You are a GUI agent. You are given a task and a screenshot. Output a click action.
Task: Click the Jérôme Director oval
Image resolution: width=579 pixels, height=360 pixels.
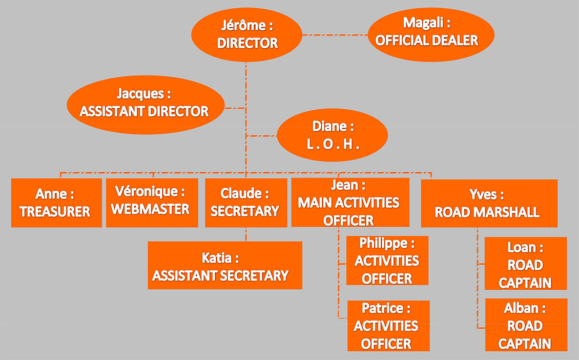click(246, 35)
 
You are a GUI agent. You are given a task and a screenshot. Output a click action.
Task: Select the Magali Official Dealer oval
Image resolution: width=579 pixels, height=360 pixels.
click(431, 34)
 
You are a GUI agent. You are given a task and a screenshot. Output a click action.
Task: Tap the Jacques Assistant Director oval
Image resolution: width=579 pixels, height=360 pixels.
click(146, 105)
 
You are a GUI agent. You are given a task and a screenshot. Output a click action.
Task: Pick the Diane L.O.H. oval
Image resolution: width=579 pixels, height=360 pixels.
click(333, 135)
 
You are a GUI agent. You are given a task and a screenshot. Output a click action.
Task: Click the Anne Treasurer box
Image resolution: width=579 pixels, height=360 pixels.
click(56, 203)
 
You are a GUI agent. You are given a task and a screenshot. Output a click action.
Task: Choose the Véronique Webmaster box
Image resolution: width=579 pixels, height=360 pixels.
click(152, 203)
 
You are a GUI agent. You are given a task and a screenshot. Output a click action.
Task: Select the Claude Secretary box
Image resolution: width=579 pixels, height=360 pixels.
click(246, 203)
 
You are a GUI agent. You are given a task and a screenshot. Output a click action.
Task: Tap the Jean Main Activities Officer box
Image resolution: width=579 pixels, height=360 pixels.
click(350, 203)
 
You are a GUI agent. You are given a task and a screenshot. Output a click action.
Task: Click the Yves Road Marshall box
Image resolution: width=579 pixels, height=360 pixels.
click(489, 203)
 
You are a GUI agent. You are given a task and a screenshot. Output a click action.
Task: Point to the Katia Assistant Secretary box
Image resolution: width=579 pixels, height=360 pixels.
click(225, 265)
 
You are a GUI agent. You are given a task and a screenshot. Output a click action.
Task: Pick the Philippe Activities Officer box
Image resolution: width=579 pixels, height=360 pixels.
click(387, 261)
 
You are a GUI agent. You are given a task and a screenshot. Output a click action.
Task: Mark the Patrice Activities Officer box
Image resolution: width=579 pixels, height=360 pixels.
click(388, 326)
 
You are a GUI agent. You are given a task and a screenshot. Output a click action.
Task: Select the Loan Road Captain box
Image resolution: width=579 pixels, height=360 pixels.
click(526, 264)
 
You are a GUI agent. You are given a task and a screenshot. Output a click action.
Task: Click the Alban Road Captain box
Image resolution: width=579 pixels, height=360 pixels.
click(526, 325)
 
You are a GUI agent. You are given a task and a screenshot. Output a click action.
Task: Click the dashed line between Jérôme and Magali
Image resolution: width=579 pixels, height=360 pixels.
click(335, 35)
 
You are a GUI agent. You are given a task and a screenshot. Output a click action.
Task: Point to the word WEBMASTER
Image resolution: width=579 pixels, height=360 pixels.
click(150, 209)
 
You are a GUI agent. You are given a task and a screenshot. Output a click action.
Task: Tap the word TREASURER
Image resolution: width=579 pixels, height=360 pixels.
click(55, 212)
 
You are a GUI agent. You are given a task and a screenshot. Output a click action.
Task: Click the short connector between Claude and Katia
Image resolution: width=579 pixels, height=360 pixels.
click(246, 234)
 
